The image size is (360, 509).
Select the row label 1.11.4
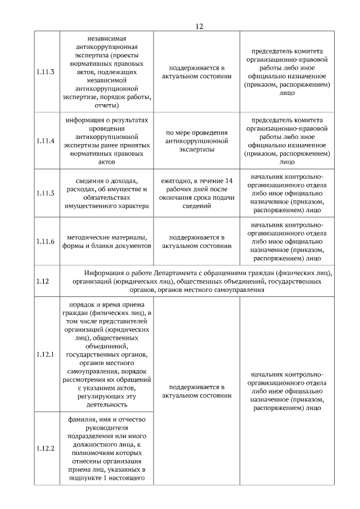tap(45, 141)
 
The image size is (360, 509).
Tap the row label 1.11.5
tap(45, 193)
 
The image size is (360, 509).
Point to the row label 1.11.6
tap(45, 241)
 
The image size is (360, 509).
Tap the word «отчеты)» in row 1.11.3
tap(106, 105)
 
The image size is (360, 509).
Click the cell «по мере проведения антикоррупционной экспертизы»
tap(197, 141)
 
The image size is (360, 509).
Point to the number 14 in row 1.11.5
tap(228, 181)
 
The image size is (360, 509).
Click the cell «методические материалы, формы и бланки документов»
tap(106, 241)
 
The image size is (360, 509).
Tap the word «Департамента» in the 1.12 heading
tap(179, 273)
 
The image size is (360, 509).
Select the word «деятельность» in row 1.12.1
tap(106, 404)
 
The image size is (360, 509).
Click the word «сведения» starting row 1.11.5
tap(90, 181)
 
